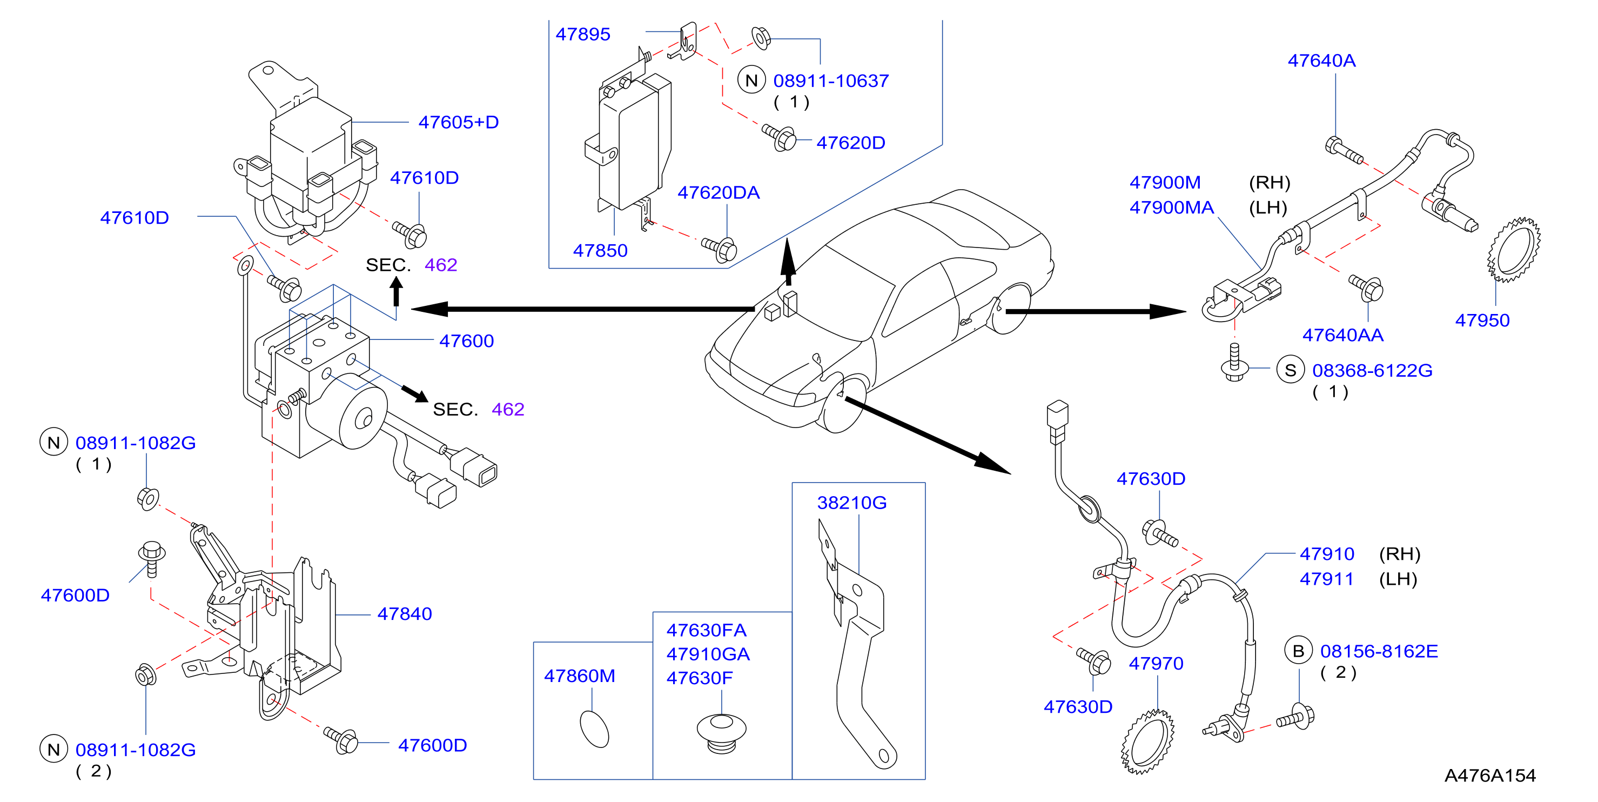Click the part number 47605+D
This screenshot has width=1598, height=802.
[459, 122]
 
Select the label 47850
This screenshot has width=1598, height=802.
[600, 251]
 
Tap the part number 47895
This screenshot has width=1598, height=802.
[582, 34]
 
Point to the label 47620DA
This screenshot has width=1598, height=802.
[719, 192]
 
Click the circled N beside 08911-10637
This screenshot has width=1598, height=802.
[751, 80]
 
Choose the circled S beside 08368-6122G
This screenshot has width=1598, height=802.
[1290, 370]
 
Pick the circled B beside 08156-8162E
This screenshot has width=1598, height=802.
[1298, 651]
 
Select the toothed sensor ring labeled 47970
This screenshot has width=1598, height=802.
[1147, 743]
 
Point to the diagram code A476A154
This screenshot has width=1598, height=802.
[1490, 776]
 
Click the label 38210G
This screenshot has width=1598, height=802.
[852, 503]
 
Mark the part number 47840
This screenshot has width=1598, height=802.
[405, 614]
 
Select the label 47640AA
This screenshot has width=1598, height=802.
[1342, 335]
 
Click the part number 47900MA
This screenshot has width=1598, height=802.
[1171, 208]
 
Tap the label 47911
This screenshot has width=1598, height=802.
[1326, 579]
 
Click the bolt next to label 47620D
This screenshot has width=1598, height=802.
[779, 137]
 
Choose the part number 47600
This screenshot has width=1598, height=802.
[467, 341]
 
